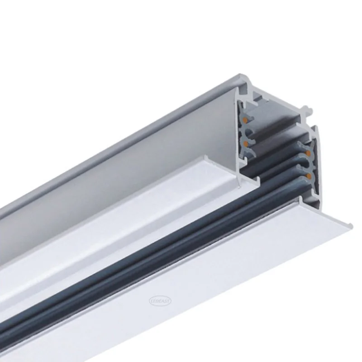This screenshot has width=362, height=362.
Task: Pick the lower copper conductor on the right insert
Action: point(309,174)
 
